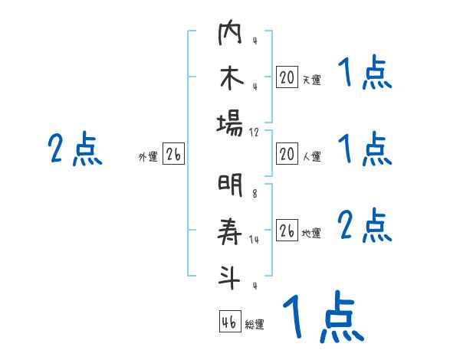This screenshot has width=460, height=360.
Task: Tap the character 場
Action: pos(229,123)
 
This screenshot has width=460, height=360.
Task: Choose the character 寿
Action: pos(229,231)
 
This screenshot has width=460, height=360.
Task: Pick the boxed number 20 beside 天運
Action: pos(287,77)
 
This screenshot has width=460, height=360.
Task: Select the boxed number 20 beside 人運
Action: pos(287,155)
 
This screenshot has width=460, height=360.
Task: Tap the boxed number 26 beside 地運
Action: pos(287,231)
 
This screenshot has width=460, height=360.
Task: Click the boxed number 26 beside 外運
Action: pos(173,155)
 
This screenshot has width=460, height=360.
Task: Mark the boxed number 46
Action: pos(228,322)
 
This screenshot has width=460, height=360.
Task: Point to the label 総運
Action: pos(255,325)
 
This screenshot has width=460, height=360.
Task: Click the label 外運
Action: pos(148,157)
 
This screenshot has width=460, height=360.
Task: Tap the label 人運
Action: pos(312,157)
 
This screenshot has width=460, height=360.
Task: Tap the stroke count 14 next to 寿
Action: pos(255,240)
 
